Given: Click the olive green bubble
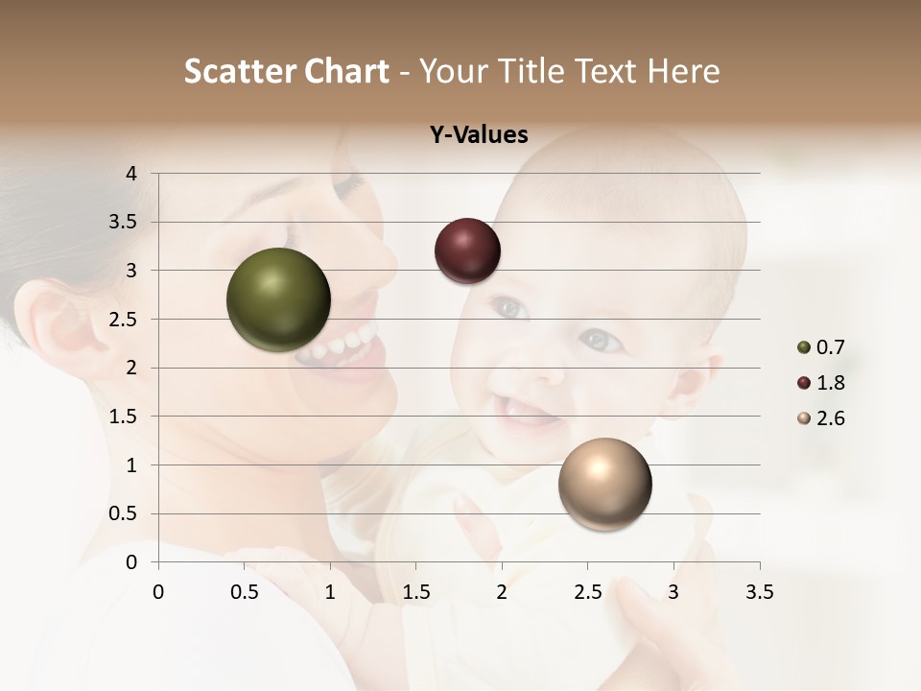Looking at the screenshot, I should pyautogui.click(x=278, y=299).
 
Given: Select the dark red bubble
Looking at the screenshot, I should pyautogui.click(x=467, y=250).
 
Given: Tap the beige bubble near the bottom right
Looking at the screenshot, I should pyautogui.click(x=604, y=484).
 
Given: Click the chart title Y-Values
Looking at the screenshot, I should pyautogui.click(x=479, y=134).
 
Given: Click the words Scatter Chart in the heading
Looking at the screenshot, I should pyautogui.click(x=287, y=71).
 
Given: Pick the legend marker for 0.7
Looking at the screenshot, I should pyautogui.click(x=804, y=347).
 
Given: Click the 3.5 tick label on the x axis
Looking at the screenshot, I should pyautogui.click(x=759, y=592).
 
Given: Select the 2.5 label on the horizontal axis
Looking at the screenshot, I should pyautogui.click(x=587, y=592).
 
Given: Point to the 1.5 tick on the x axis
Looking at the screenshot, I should pyautogui.click(x=415, y=592).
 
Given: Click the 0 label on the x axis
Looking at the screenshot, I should pyautogui.click(x=158, y=592).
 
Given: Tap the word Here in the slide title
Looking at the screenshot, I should pyautogui.click(x=683, y=71).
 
